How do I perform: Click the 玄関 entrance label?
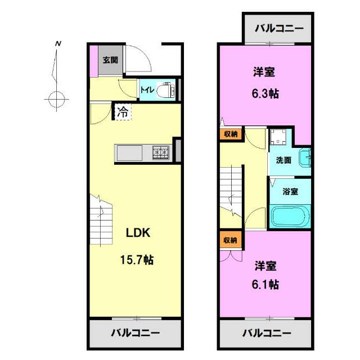pos(110,60)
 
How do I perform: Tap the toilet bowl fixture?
pos(165,90)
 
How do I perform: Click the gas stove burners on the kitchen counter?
pos(161,152)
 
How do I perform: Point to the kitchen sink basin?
pos(129,153)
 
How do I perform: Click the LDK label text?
pos(138,233)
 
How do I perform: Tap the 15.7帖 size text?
pos(137,260)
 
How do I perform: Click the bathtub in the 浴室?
pos(290,216)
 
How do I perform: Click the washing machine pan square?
pos(278,137)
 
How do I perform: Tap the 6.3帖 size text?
pos(265,94)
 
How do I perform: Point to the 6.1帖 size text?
pos(265,285)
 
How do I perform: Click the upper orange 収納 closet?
pos(231,134)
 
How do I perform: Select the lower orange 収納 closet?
pos(231,240)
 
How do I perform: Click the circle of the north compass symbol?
pos(56,100)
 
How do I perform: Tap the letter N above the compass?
pos(58,43)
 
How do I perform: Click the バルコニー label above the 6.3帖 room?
pos(279,29)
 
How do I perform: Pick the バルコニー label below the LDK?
pos(136,332)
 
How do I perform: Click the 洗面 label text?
pos(283,160)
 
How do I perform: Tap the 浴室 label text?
pos(290,191)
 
